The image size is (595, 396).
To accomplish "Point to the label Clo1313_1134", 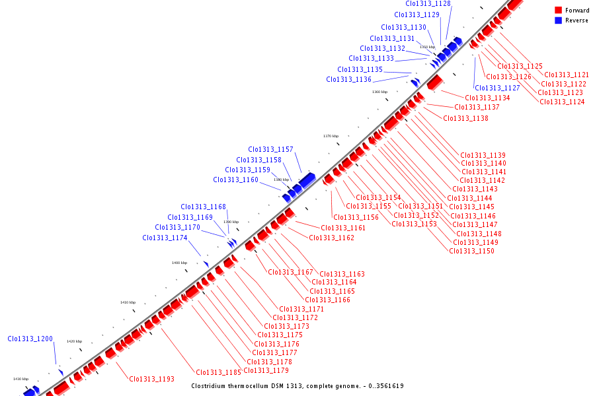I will [487, 98].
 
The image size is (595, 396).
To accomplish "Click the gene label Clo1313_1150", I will [472, 251].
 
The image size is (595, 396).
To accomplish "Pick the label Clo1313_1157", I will [270, 150].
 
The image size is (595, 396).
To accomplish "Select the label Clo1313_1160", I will [235, 180].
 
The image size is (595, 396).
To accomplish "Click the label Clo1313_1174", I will [165, 238].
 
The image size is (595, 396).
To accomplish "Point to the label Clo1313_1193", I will [152, 379].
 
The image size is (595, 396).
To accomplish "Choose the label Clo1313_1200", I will [30, 339].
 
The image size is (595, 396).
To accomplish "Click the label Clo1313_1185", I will [218, 372].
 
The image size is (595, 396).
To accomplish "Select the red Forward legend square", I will [559, 11].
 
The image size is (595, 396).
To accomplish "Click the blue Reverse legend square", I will [559, 20].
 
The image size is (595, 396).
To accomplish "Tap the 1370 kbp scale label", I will [331, 136].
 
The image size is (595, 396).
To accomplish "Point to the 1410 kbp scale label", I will [128, 302].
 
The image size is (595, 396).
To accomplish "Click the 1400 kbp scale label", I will [179, 263].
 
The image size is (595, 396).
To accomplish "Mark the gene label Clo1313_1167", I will [290, 273].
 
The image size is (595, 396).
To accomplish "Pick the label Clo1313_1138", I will [465, 119].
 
